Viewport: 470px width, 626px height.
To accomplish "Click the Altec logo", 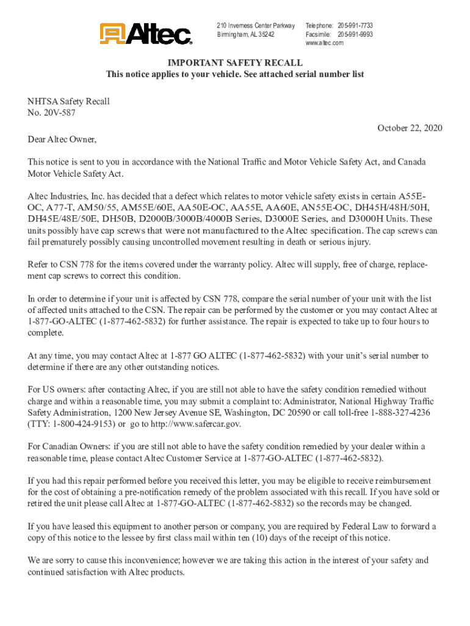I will click(x=146, y=34).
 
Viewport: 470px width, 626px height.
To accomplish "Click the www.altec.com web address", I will click(x=325, y=43).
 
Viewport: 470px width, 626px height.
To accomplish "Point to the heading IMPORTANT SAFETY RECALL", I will click(x=235, y=62).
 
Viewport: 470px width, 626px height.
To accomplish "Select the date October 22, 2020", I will click(x=409, y=128).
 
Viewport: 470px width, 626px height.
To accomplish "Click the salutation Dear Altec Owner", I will click(x=62, y=139).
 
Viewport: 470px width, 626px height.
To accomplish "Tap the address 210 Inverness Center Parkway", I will click(x=256, y=26).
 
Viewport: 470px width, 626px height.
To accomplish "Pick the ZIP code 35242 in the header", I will click(x=267, y=34).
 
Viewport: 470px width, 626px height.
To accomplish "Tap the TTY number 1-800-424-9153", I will click(x=84, y=423).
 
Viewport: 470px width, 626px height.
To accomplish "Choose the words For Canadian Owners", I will click(x=65, y=446).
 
